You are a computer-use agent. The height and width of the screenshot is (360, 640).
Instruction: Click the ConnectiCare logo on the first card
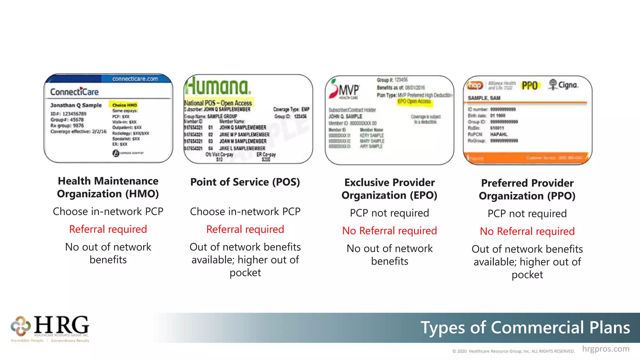[74, 92]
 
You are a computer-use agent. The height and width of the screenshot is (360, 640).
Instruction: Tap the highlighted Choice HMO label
[124, 105]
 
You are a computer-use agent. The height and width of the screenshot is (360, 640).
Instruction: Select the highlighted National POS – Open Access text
[218, 103]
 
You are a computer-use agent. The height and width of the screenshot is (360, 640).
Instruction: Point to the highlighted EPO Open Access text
[414, 102]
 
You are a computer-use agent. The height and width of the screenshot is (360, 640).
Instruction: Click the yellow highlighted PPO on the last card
[530, 85]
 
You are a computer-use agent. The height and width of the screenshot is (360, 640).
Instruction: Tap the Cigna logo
[563, 85]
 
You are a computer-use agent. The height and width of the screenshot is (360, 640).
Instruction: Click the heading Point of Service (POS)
[245, 182]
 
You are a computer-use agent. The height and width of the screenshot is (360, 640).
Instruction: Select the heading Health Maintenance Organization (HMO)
[108, 187]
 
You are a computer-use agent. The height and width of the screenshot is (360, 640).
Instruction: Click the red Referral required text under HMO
[108, 229]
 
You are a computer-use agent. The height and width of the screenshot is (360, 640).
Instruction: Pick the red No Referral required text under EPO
[389, 231]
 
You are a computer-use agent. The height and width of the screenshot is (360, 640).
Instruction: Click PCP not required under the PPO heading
[527, 213]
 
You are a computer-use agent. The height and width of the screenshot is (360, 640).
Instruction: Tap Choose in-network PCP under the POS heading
[245, 212]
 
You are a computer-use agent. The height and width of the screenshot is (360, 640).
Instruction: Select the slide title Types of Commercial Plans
[525, 327]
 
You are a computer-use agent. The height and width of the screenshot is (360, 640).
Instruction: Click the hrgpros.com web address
[606, 349]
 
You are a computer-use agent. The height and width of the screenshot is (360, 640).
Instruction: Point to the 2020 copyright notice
[513, 351]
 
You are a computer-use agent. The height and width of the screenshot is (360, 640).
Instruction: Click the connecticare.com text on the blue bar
[135, 79]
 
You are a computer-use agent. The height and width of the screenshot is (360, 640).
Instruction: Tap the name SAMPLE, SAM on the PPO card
[484, 98]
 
